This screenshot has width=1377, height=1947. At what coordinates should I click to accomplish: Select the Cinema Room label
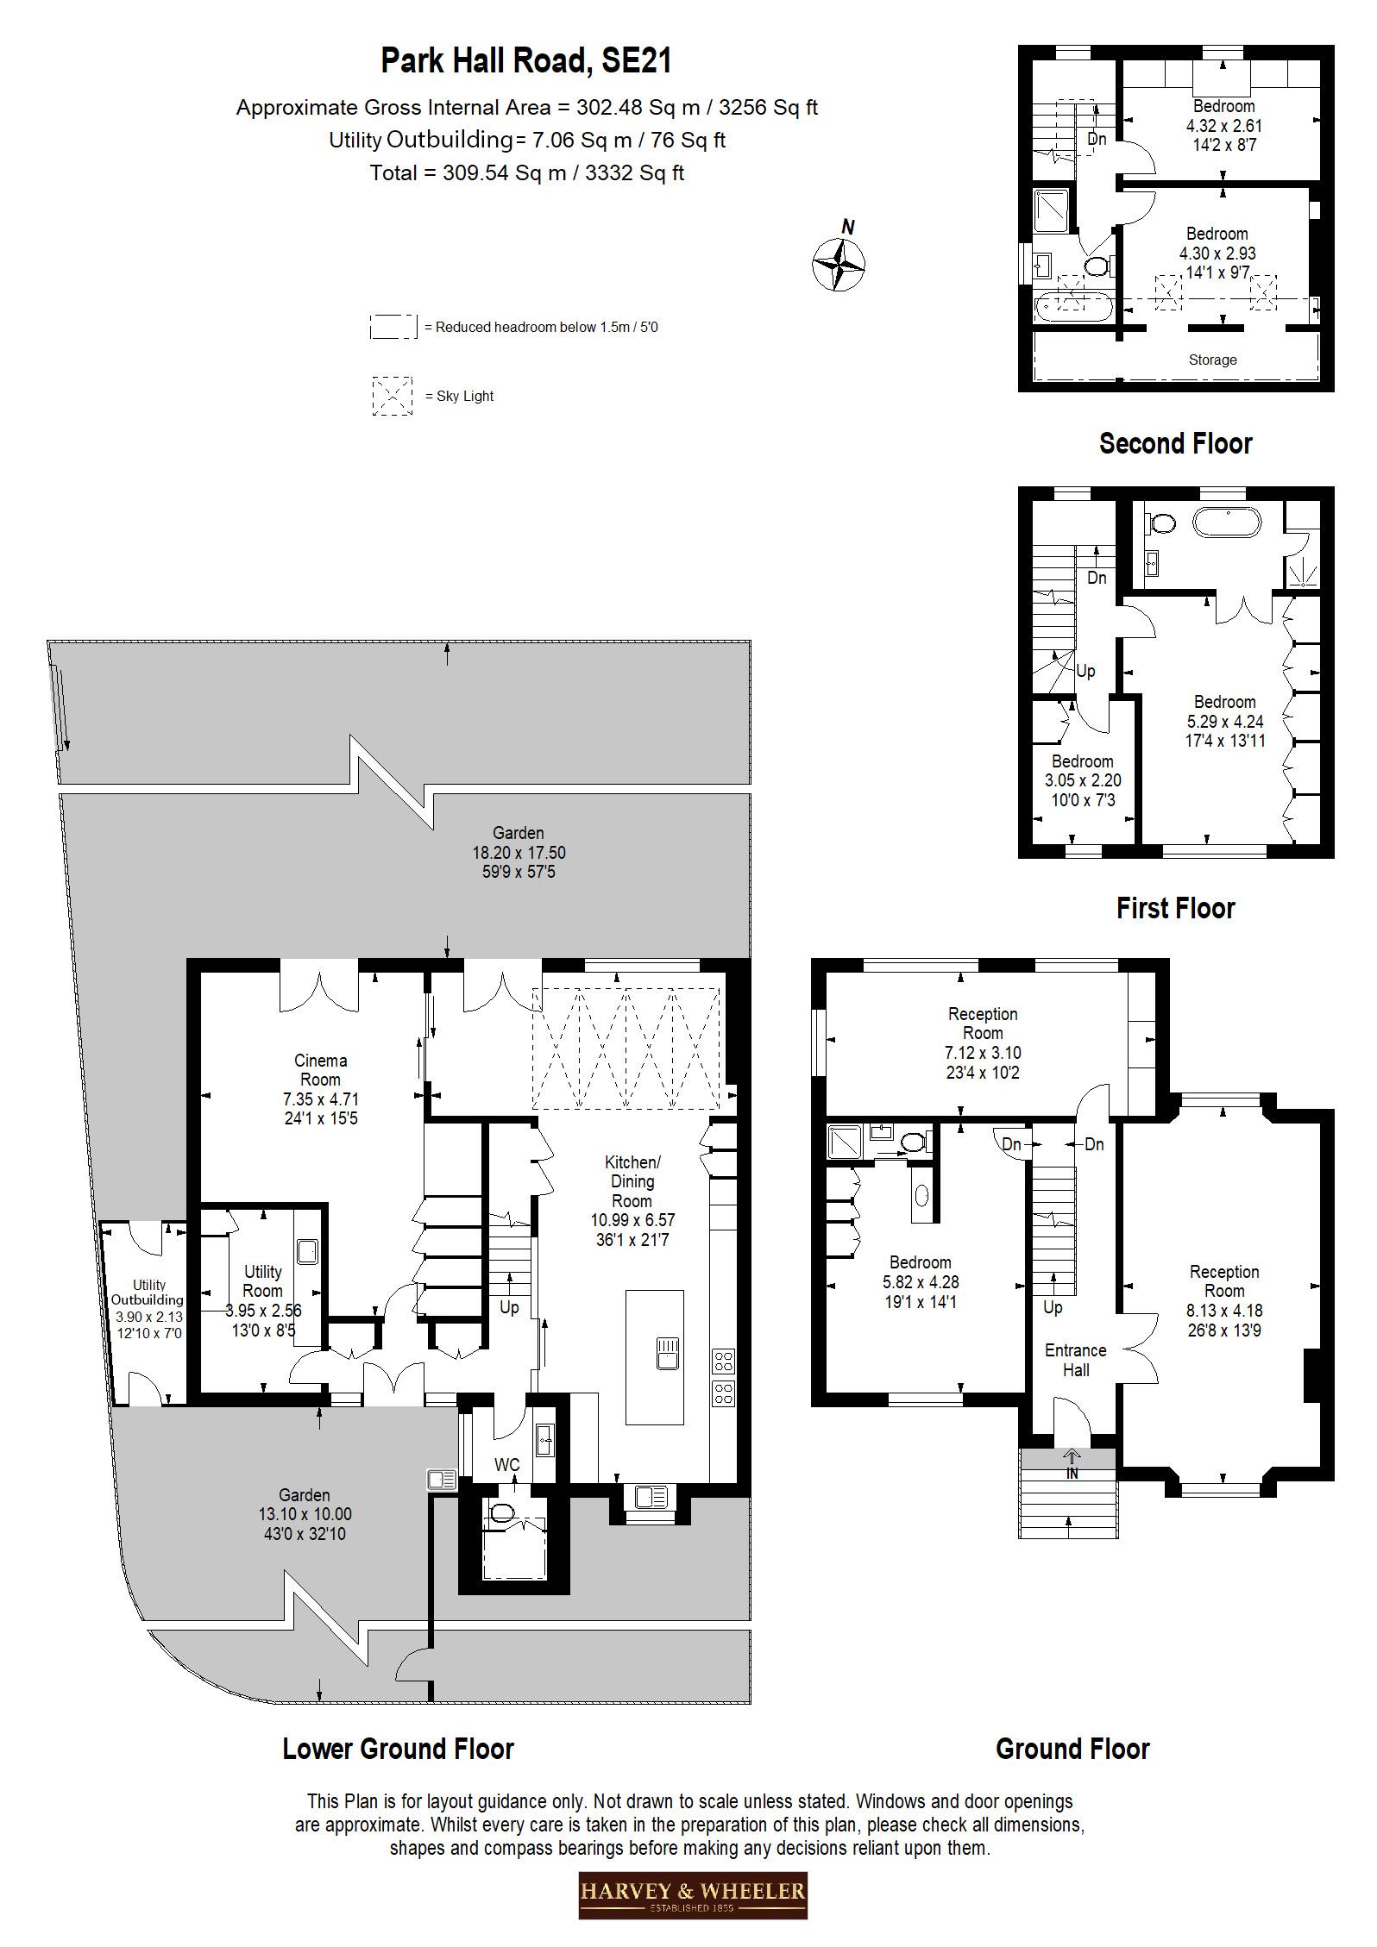(x=320, y=1070)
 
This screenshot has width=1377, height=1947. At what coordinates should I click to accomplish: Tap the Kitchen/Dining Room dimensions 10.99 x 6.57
(x=632, y=1220)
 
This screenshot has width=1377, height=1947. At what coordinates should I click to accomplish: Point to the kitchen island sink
(x=668, y=1353)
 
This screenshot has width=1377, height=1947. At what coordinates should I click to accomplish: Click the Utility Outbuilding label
(x=148, y=1293)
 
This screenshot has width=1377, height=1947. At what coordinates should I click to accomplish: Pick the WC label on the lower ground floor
(x=507, y=1465)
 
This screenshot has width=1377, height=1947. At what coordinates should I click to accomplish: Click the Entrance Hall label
(x=1075, y=1360)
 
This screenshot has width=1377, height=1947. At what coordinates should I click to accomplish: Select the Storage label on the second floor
(x=1212, y=360)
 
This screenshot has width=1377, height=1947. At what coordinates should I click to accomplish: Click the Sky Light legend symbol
(x=392, y=396)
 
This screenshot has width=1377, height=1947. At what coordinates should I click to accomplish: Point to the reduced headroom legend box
(x=393, y=327)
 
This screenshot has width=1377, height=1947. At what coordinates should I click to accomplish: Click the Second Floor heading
(x=1175, y=443)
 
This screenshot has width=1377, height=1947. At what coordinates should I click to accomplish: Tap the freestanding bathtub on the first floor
(x=1227, y=523)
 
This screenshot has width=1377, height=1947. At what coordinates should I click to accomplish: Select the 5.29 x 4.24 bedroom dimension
(x=1224, y=721)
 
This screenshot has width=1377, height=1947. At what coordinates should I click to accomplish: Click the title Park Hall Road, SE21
(x=526, y=61)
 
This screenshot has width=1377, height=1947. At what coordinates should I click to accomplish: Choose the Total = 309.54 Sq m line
(x=526, y=172)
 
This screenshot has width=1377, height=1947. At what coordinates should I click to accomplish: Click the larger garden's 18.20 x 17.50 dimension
(x=519, y=853)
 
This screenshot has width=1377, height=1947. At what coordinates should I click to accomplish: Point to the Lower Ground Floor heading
(x=398, y=1749)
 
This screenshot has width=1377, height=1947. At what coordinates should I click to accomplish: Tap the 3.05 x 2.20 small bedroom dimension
(x=1082, y=780)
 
